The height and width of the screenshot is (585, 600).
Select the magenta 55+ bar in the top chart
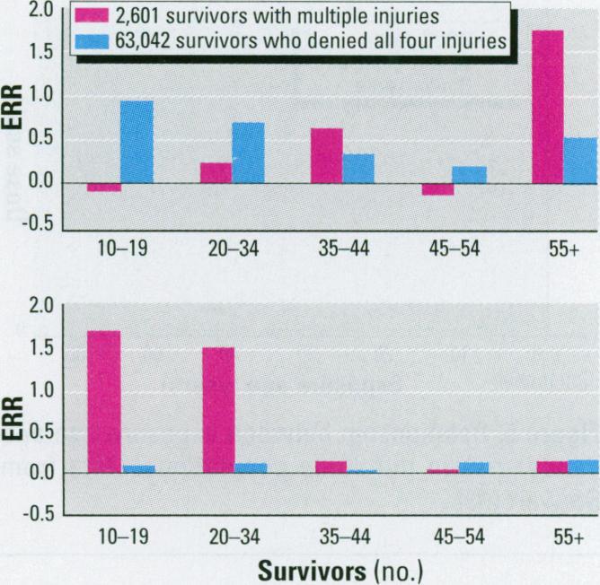tap(547, 107)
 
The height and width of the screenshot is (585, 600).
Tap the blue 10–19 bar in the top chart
tap(137, 142)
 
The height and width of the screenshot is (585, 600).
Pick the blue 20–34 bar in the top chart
tap(248, 153)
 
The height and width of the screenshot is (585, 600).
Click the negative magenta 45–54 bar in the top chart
tap(437, 188)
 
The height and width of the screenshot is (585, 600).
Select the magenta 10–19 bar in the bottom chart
tap(103, 401)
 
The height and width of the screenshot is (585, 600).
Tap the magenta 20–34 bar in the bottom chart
tap(218, 409)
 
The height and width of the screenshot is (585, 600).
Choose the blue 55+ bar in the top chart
tap(581, 161)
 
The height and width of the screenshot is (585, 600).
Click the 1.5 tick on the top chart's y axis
tap(40, 53)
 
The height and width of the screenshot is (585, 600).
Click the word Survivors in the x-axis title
tap(310, 570)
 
